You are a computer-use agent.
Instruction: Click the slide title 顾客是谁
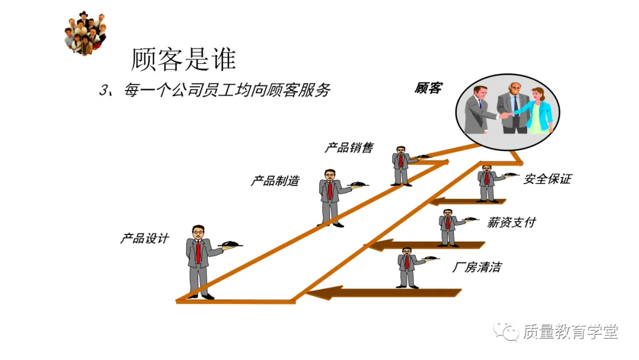point(183,59)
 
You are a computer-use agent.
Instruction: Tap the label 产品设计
point(145,239)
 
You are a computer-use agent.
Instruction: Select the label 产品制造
point(275,181)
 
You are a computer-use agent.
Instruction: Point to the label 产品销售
point(349,147)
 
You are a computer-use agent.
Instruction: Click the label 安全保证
point(547,179)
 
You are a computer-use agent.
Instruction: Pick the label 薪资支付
point(511,223)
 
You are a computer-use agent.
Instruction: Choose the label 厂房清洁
point(476,268)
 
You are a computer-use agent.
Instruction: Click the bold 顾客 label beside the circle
point(428,89)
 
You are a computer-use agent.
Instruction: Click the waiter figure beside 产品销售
point(401,166)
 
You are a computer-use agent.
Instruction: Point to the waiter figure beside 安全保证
point(487,184)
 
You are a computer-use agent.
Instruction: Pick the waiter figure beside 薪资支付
point(447,227)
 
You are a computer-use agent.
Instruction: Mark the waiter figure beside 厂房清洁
point(407,268)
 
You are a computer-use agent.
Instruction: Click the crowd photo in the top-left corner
point(85,33)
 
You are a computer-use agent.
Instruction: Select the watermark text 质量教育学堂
point(570,332)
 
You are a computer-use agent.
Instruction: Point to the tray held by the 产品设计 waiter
point(231,243)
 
